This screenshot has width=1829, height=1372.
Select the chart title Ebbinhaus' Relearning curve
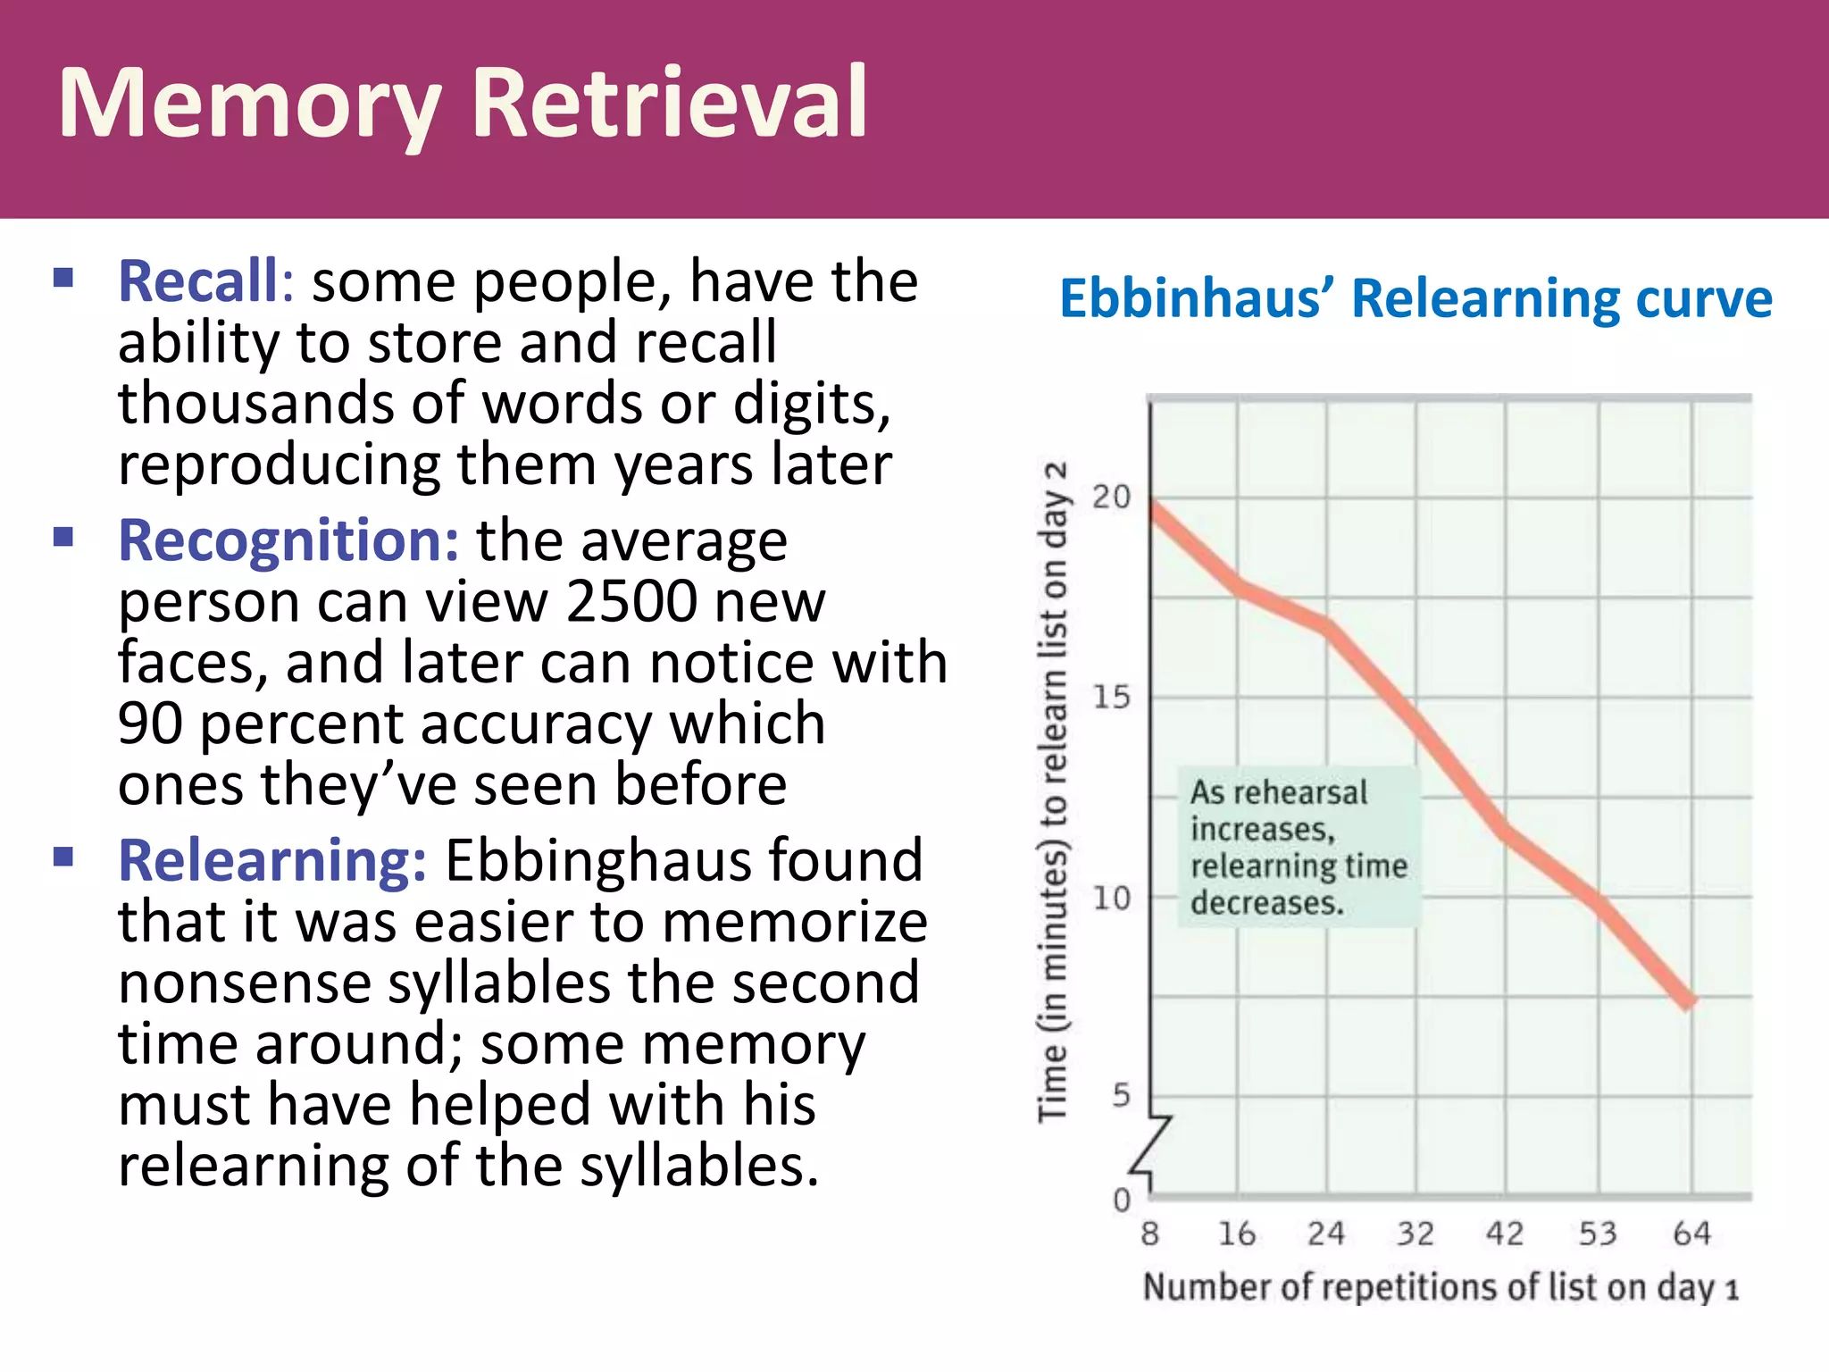click(1416, 298)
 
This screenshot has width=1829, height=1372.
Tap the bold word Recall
click(198, 281)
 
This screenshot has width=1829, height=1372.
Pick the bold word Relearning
click(272, 860)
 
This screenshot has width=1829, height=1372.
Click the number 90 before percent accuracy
click(149, 724)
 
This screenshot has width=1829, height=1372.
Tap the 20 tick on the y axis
click(1111, 497)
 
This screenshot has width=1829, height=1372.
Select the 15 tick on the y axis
click(1111, 697)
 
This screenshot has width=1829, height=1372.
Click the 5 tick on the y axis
click(1121, 1095)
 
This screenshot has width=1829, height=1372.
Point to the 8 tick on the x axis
click(1150, 1234)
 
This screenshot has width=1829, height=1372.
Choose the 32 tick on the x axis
click(1416, 1234)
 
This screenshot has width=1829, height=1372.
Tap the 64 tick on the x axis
click(1691, 1234)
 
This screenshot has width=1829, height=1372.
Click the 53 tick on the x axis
click(1598, 1234)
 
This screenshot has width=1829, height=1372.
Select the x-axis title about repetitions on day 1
click(1441, 1288)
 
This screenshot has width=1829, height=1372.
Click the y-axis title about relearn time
click(1054, 791)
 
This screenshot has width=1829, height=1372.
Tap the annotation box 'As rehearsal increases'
click(1298, 847)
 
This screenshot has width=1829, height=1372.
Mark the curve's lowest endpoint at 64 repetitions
click(1689, 1002)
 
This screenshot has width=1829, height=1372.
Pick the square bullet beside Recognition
click(63, 537)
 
